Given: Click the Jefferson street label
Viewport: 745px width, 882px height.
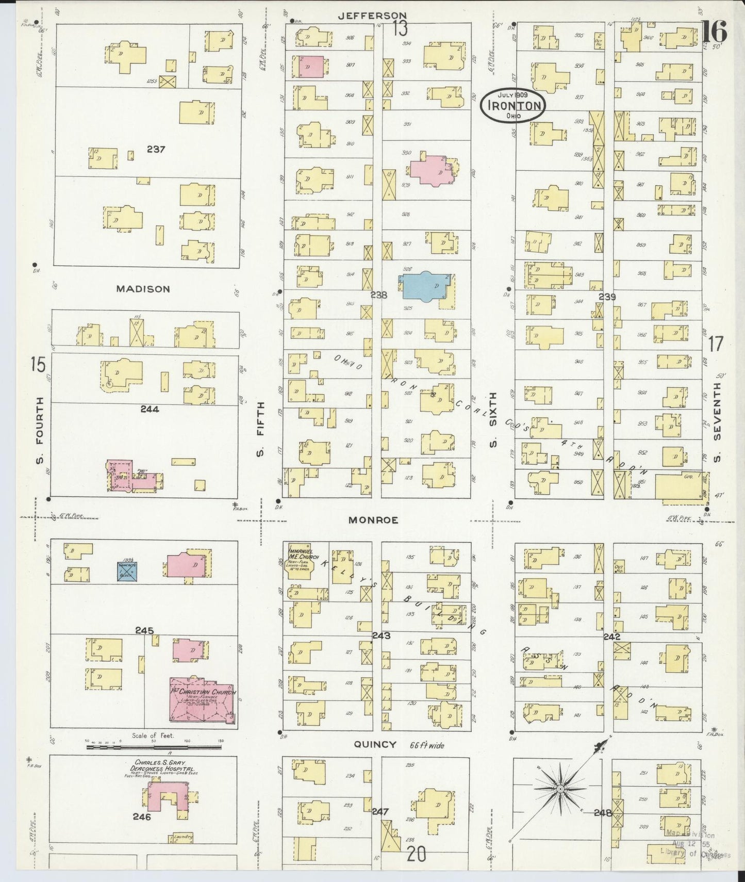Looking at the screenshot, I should coord(372,16).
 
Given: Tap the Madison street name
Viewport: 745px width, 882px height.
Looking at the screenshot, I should coord(143,289).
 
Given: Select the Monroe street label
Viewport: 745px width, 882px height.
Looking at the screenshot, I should coord(373,520).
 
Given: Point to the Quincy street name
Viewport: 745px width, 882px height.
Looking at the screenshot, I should coord(375,744).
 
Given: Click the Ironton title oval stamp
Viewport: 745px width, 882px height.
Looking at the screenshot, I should coord(511,106).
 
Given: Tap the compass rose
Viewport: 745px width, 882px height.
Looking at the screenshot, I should coord(559,789).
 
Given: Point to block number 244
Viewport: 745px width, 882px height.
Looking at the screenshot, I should coord(149,409).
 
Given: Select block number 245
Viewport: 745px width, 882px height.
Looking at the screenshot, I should coord(144,630).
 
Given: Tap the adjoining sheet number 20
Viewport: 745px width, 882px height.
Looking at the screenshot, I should coord(416,855).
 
